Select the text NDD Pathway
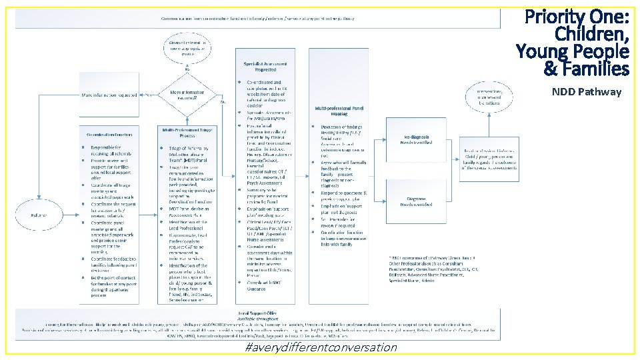586,92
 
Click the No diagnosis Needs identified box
417,139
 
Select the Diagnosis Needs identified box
417,202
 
